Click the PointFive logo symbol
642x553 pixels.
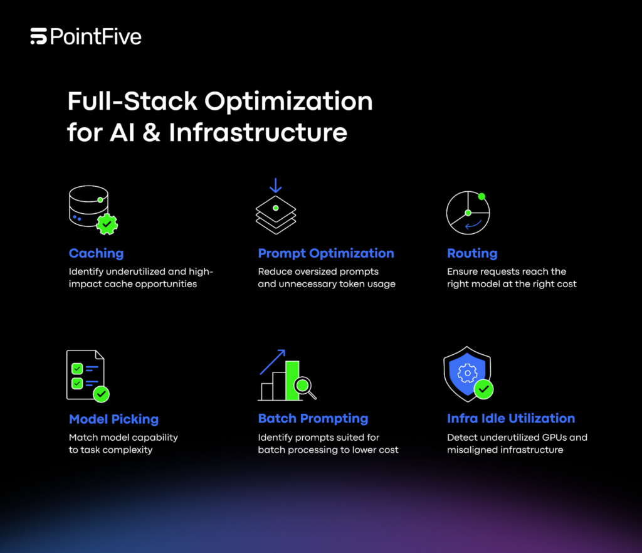point(38,37)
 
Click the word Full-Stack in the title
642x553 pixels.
point(123,102)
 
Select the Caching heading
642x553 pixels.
point(96,253)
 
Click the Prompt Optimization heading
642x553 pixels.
point(326,253)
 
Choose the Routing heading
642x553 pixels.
point(472,253)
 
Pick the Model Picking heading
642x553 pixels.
point(113,419)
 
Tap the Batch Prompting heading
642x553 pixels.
point(313,418)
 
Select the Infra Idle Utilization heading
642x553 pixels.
point(511,418)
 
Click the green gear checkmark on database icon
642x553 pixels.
point(107,223)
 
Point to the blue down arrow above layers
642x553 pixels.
point(276,186)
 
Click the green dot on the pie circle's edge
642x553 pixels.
point(481,196)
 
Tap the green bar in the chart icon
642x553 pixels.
point(292,380)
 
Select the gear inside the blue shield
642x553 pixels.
point(467,374)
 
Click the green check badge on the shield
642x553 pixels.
point(483,389)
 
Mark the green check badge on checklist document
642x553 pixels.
point(100,394)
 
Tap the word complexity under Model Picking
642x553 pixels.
point(128,450)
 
